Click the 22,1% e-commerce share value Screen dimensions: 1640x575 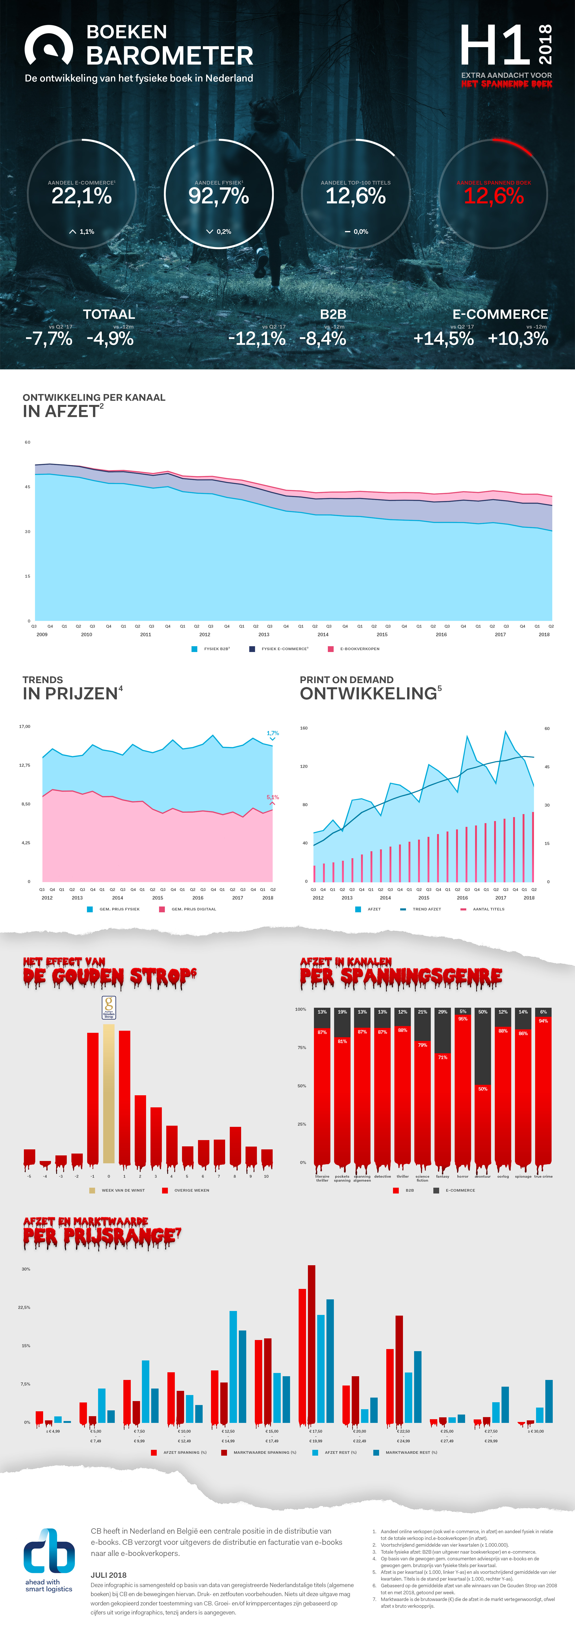pyautogui.click(x=81, y=196)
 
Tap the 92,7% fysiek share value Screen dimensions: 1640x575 pyautogui.click(x=218, y=196)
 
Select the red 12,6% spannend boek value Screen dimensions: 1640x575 pyautogui.click(x=494, y=196)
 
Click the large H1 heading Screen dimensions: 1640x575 pyautogui.click(x=495, y=46)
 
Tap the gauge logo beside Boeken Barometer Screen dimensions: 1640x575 pyautogui.click(x=48, y=46)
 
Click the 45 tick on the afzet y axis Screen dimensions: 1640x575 pyautogui.click(x=27, y=486)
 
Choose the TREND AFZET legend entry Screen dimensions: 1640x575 pyautogui.click(x=426, y=909)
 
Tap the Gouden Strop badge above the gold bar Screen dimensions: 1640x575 pyautogui.click(x=109, y=1007)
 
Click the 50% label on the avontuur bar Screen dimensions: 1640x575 pyautogui.click(x=483, y=1089)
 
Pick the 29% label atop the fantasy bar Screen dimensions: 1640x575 pyautogui.click(x=443, y=1012)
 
